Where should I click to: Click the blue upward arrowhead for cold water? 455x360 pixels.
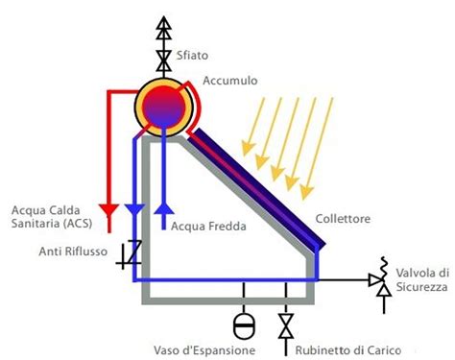coord(164,208)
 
